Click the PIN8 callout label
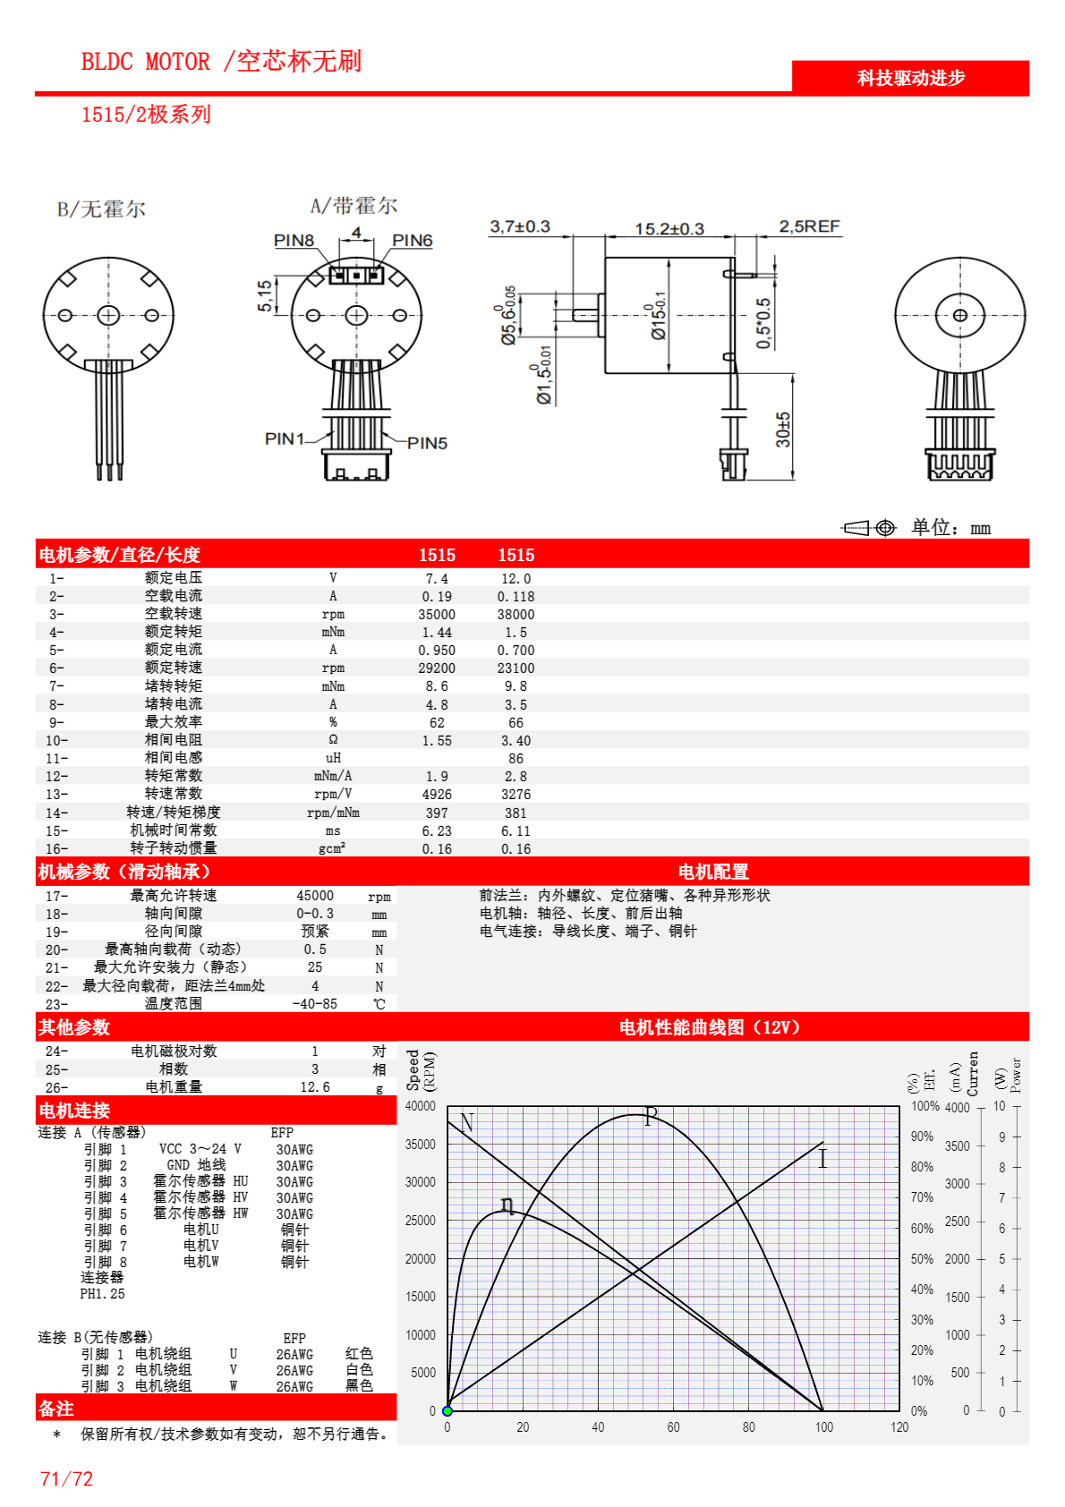294,241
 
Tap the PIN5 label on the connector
427,443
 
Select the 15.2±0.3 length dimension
669,229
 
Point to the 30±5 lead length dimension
783,430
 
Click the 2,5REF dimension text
809,226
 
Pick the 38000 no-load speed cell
515,615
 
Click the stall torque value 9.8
515,686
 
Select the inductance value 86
515,759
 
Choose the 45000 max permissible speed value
315,896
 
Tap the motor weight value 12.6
315,1087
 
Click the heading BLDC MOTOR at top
145,62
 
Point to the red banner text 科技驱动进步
910,78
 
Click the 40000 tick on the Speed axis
421,1106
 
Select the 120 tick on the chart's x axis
899,1427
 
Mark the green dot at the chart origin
447,1411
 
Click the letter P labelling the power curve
651,1115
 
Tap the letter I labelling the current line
822,1159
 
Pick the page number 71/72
66,1479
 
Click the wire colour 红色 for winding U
359,1354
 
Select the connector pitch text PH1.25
102,1294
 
